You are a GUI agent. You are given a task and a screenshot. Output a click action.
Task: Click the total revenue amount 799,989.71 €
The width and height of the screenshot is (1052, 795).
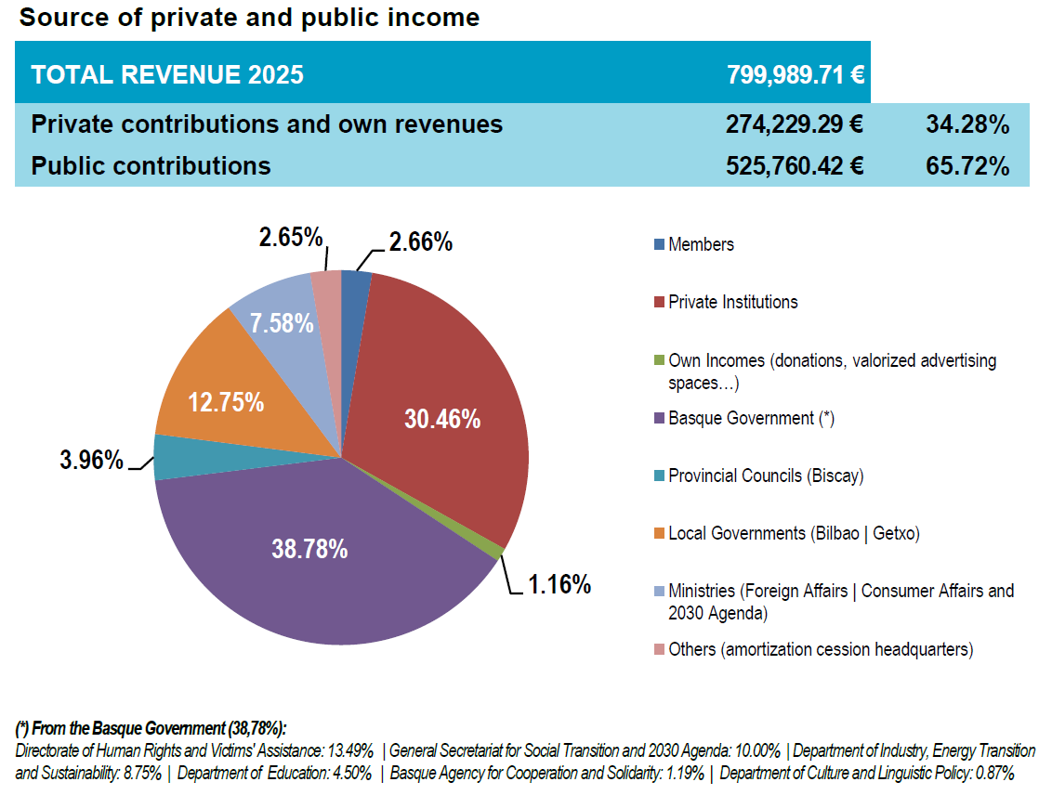point(796,74)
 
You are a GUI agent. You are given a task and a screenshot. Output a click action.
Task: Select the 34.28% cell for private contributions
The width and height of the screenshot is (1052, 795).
point(967,124)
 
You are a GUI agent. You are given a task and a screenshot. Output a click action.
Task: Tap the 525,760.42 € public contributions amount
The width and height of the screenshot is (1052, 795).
point(795,166)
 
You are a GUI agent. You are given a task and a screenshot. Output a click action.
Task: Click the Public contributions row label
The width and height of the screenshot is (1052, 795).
point(151,166)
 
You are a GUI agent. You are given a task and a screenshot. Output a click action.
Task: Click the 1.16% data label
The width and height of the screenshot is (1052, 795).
point(559,584)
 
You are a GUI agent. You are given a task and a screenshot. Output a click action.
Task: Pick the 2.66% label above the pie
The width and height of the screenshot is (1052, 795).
point(420,242)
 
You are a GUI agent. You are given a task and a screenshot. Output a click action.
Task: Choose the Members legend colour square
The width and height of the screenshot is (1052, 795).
point(659,245)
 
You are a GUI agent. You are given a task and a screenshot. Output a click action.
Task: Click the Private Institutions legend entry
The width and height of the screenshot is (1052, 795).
point(732,302)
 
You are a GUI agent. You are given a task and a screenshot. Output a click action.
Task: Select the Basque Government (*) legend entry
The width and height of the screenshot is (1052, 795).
point(751,418)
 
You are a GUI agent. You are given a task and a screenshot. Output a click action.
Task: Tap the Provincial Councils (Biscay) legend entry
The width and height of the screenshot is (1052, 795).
point(766,476)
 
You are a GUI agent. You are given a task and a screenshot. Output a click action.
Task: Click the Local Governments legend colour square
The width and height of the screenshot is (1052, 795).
point(659,533)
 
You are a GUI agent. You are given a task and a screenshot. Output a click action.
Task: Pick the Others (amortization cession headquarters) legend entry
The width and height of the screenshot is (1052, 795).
point(821,649)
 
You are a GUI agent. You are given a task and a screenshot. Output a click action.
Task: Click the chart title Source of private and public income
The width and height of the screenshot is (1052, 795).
point(249,17)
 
